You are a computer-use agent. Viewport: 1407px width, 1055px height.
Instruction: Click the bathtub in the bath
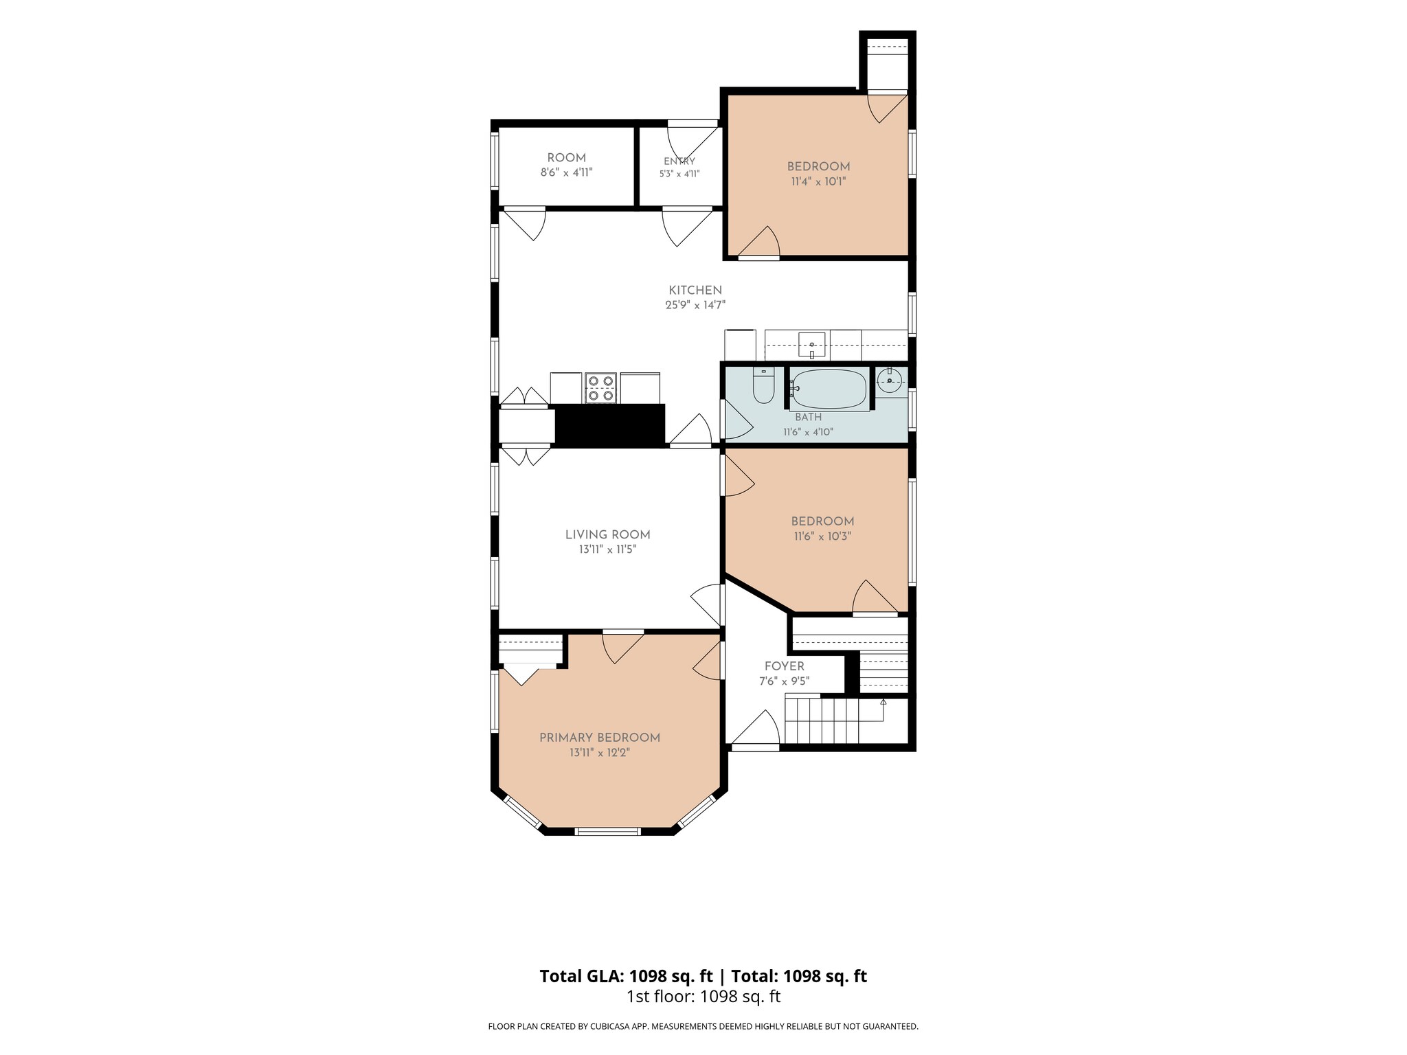click(x=830, y=389)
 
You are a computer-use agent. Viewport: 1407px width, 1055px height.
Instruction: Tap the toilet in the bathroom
click(x=763, y=385)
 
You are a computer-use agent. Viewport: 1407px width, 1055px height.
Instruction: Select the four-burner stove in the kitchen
click(x=600, y=388)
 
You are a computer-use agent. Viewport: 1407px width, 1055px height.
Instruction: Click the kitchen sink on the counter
click(x=811, y=345)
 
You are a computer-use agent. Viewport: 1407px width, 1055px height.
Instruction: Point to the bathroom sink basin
click(x=889, y=381)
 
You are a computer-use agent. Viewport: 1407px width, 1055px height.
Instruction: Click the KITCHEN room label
click(x=695, y=291)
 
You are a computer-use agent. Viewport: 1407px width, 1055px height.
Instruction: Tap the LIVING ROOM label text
click(x=607, y=534)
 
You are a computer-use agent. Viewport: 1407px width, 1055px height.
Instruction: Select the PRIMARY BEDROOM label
click(x=600, y=738)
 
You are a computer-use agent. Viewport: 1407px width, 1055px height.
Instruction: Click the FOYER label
click(x=785, y=666)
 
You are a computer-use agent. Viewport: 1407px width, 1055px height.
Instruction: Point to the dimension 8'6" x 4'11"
click(x=567, y=172)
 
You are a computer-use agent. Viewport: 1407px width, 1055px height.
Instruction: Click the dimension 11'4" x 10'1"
click(x=818, y=181)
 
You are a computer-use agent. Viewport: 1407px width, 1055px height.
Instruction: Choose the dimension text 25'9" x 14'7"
click(x=695, y=305)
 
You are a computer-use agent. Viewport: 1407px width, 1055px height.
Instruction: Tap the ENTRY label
click(x=679, y=161)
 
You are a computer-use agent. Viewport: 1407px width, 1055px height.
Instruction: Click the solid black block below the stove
click(x=609, y=425)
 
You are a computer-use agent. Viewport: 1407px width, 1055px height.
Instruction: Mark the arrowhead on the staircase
click(x=883, y=701)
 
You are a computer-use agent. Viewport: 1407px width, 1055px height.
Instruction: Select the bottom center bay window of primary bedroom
click(x=607, y=831)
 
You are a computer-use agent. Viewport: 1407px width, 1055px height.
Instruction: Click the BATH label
click(x=809, y=417)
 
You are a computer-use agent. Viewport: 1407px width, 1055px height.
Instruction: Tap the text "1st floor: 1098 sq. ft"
click(x=703, y=997)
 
